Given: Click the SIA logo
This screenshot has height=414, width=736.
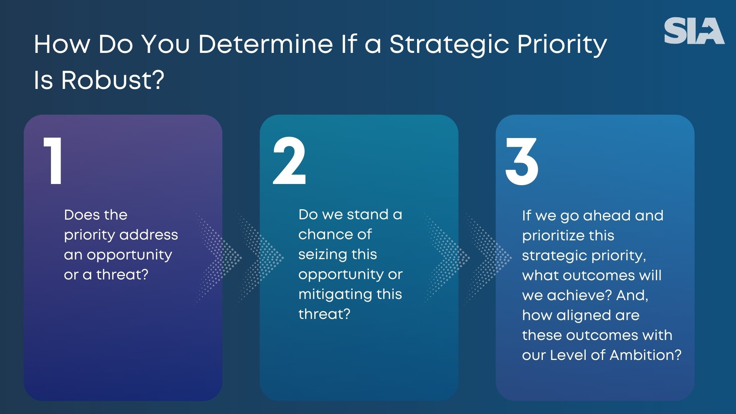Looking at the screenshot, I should [x=694, y=31].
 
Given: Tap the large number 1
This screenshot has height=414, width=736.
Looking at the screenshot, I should [x=54, y=161].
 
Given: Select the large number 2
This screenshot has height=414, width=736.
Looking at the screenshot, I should [x=289, y=161].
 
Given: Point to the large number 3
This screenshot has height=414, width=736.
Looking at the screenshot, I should [x=522, y=161].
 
